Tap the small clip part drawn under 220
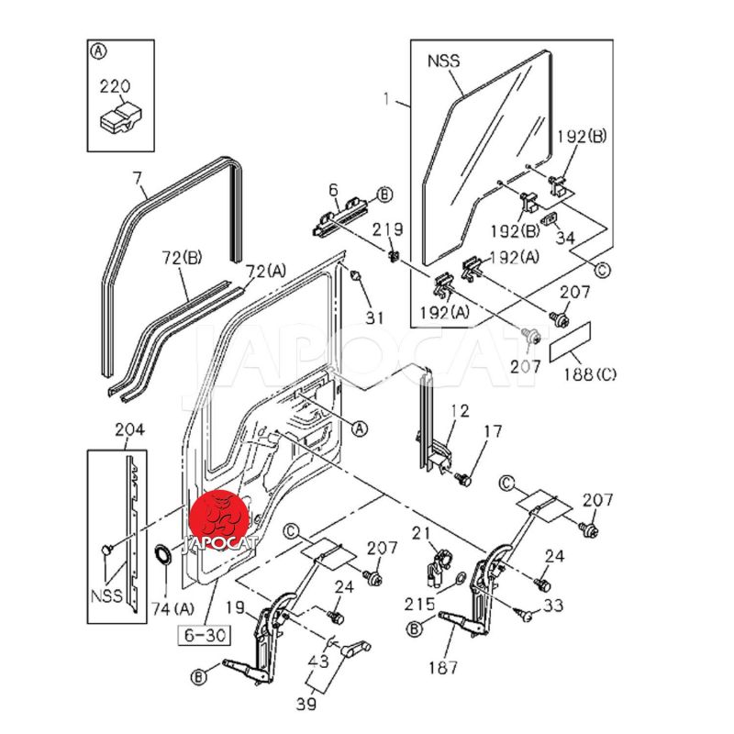pos(118,117)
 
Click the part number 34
pos(566,238)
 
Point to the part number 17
pos(493,430)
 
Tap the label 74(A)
pos(172,607)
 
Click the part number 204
pos(128,428)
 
